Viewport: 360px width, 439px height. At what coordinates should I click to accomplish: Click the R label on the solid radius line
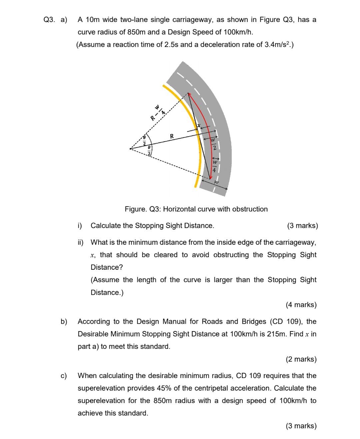(172, 136)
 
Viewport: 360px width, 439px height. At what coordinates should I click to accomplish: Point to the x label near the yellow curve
(198, 126)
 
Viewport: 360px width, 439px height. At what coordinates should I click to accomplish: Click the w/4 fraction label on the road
(214, 167)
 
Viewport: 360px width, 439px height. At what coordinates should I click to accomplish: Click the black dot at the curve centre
(130, 149)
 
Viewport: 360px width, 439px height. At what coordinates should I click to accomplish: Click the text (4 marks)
(301, 305)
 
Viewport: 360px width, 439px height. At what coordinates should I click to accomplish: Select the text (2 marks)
(301, 359)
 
